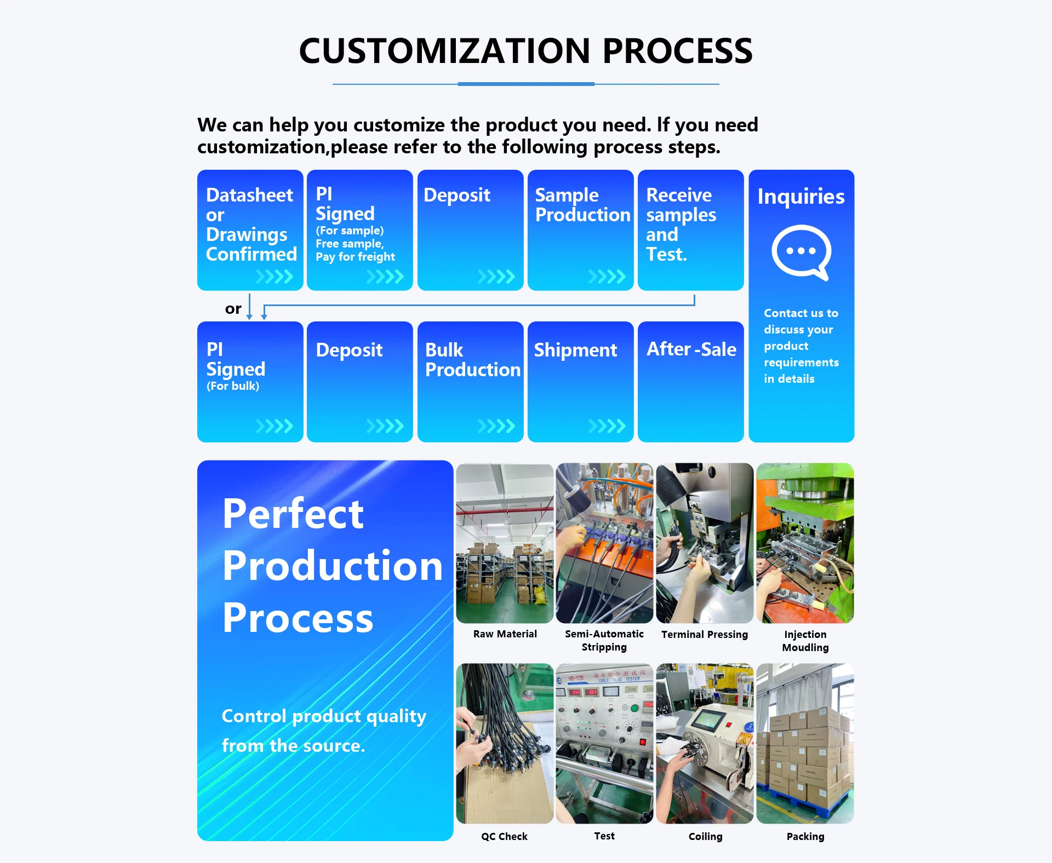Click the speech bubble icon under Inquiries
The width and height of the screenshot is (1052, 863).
pos(801,252)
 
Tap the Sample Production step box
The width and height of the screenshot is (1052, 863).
pos(580,230)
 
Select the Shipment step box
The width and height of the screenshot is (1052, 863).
pos(580,382)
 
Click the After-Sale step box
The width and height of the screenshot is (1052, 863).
pos(690,382)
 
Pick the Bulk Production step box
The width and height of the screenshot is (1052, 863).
pos(470,382)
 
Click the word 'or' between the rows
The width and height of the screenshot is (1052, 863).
pos(233,309)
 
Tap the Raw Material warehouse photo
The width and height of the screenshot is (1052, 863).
pos(505,543)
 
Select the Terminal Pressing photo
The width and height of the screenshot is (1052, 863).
pos(705,543)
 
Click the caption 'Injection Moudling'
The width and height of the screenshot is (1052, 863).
pos(805,641)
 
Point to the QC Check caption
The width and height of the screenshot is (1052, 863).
pos(504,836)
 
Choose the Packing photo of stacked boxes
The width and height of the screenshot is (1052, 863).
pos(805,744)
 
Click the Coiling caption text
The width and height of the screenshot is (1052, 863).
pos(705,836)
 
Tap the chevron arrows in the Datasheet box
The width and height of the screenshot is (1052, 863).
pos(275,277)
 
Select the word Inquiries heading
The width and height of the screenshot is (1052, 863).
pos(801,196)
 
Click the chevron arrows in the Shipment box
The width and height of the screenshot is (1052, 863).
pos(607,426)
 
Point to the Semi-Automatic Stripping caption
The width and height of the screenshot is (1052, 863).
pos(604,640)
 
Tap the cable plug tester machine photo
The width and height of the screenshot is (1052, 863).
pos(604,744)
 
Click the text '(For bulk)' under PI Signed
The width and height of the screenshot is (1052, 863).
pos(233,386)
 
